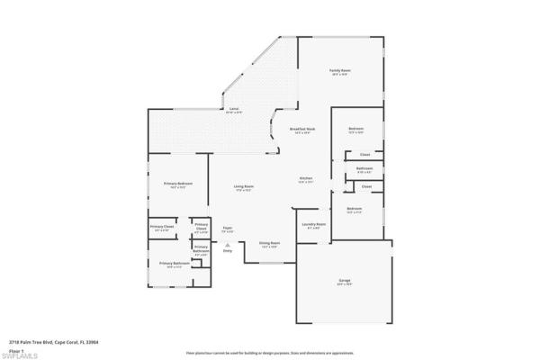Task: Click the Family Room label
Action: [339, 70]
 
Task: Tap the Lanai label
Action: [233, 109]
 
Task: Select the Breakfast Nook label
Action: [302, 130]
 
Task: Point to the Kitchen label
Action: [306, 178]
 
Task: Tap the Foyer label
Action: [229, 229]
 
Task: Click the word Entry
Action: [228, 250]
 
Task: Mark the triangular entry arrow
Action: [228, 243]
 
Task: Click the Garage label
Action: [344, 282]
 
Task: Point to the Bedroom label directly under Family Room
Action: [355, 130]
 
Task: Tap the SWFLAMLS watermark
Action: [19, 355]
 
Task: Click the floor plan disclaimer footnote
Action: [269, 352]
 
